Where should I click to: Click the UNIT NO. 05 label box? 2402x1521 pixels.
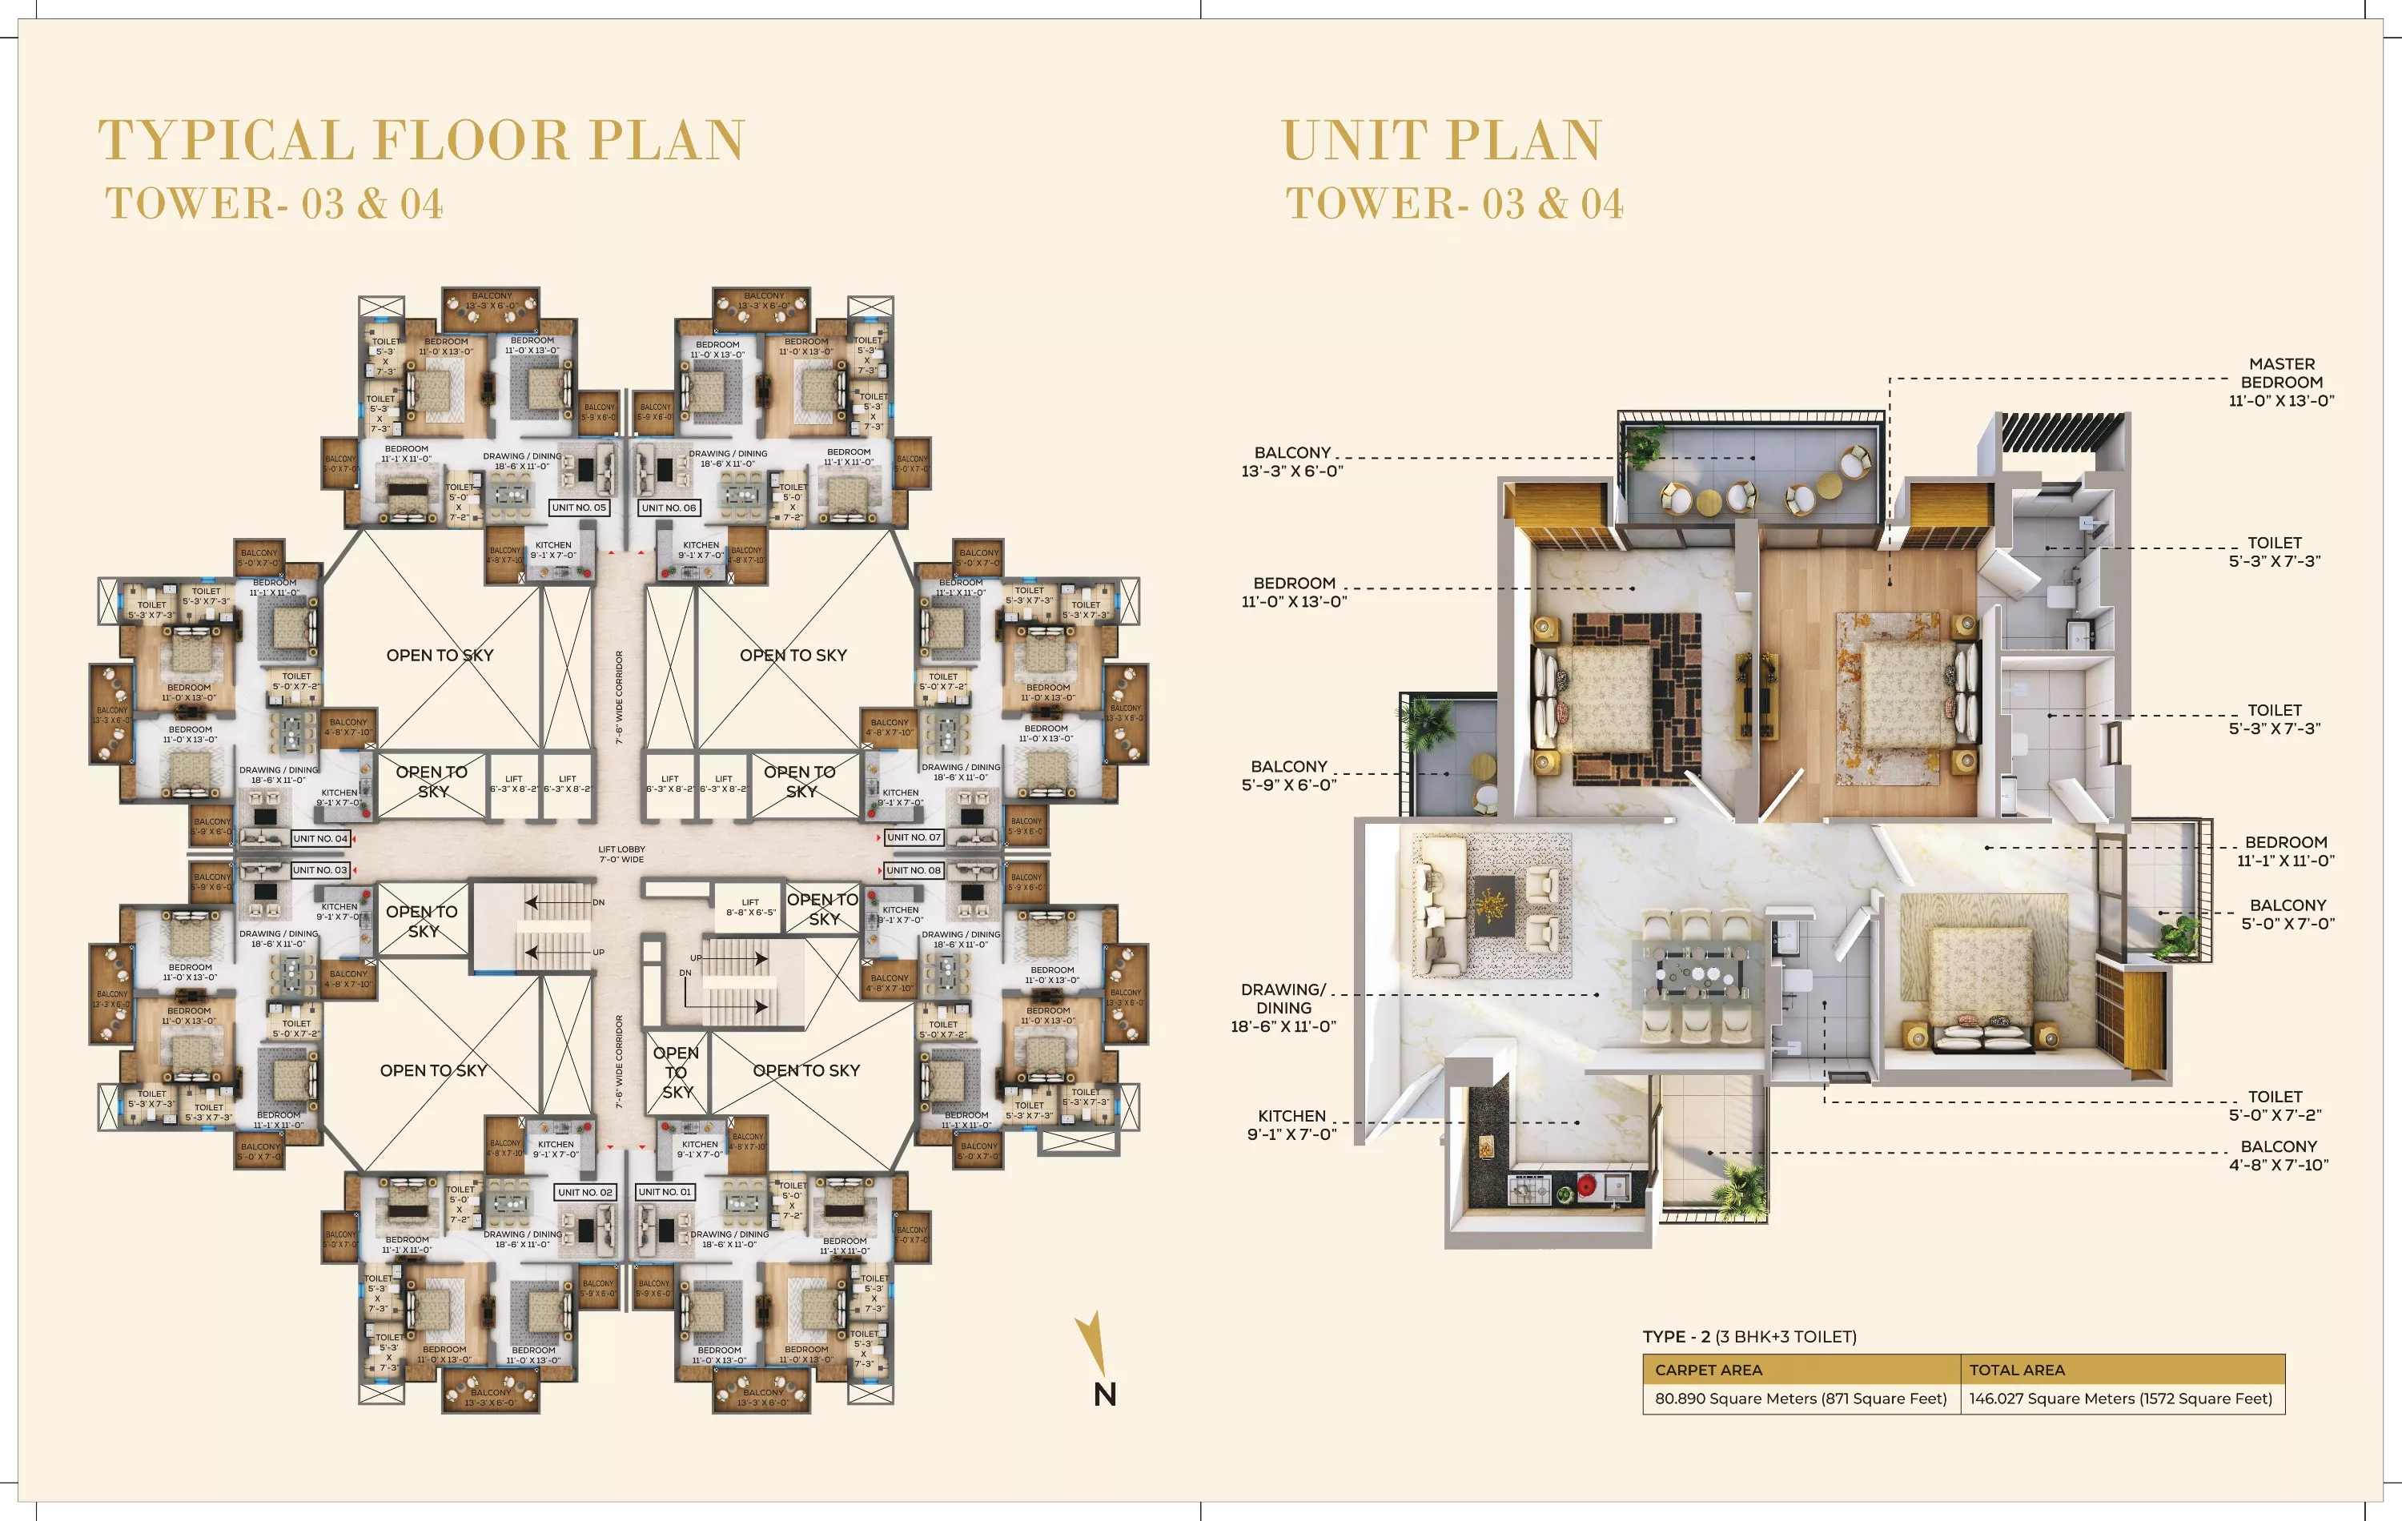[x=579, y=508]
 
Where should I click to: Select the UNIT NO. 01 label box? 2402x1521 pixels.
[x=665, y=1192]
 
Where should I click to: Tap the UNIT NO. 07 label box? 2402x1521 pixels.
[x=914, y=838]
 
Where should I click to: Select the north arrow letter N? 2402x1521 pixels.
[x=1104, y=1395]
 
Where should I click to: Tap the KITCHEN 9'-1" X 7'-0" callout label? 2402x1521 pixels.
[x=1291, y=1125]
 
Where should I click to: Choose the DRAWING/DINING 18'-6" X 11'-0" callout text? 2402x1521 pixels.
[x=1283, y=1007]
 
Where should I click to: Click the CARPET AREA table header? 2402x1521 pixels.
[x=1708, y=1371]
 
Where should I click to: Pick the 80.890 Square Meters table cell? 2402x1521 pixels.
[x=1801, y=1399]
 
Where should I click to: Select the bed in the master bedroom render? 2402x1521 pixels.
[x=1906, y=695]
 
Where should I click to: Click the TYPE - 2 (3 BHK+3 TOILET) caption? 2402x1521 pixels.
[x=1749, y=1337]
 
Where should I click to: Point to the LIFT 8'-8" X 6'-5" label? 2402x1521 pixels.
[x=750, y=907]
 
